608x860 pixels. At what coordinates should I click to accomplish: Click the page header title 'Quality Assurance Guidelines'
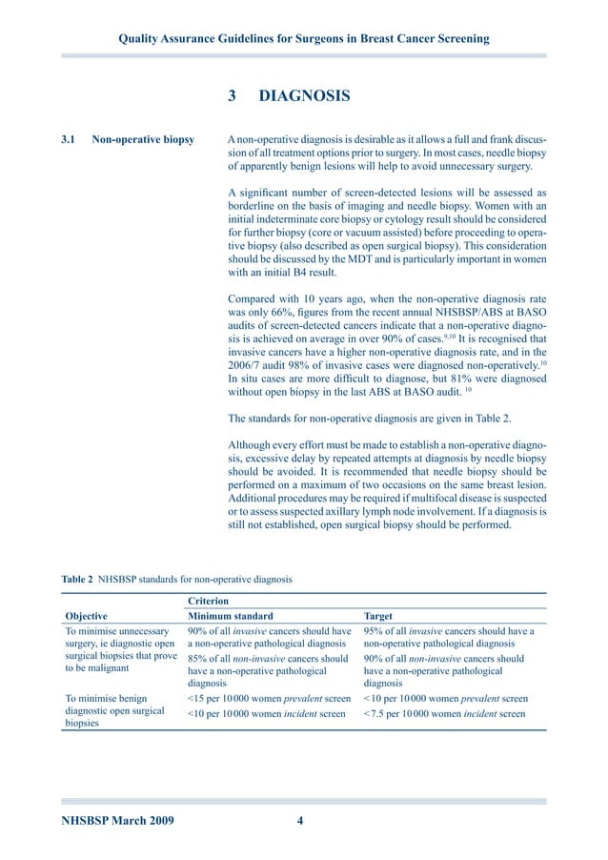tap(303, 39)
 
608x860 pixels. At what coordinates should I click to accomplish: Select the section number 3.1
tap(69, 140)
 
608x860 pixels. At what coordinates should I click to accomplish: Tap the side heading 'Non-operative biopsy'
tap(143, 140)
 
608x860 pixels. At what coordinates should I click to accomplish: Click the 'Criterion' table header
tap(209, 602)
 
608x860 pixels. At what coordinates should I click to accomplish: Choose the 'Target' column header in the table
tap(378, 616)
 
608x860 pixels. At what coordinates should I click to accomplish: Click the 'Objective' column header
tap(85, 616)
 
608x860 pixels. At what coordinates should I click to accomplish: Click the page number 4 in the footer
tap(299, 821)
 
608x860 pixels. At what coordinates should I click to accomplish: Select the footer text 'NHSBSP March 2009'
tap(117, 821)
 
